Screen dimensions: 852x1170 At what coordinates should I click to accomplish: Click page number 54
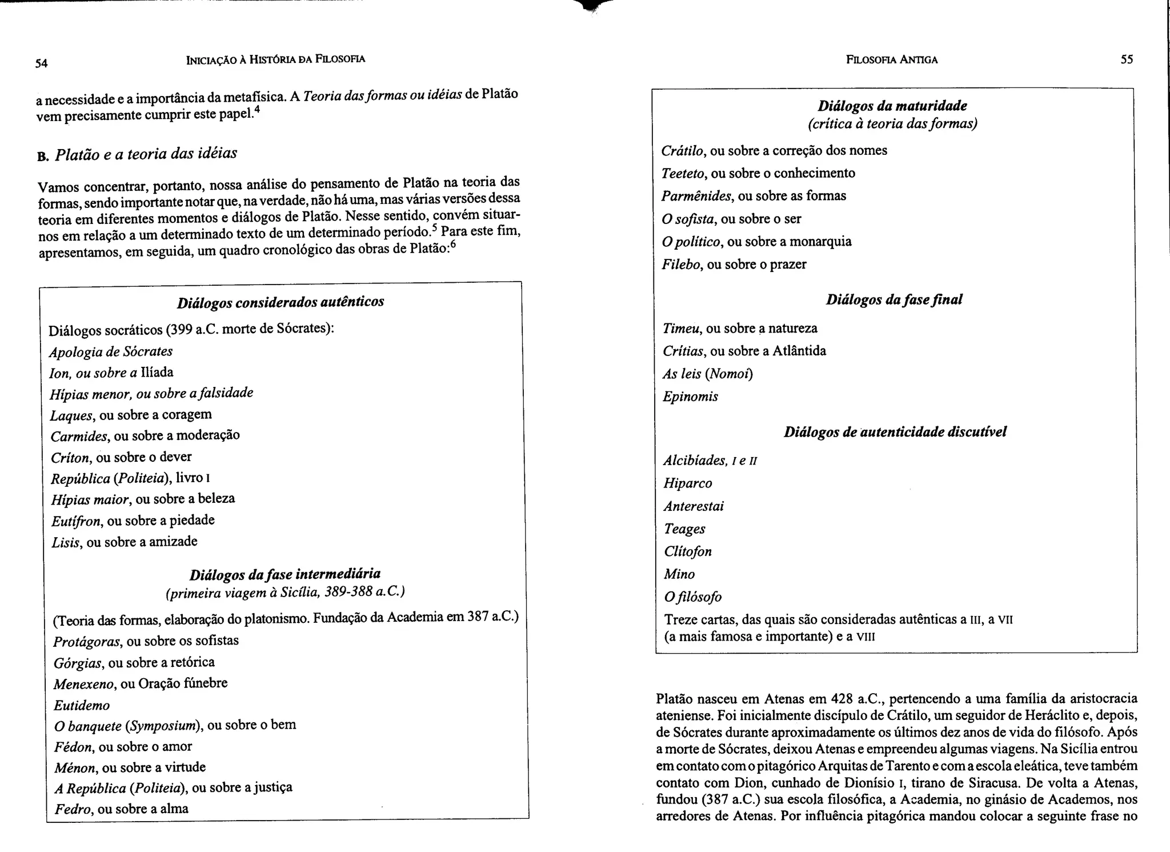(41, 63)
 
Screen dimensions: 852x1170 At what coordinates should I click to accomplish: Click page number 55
(1127, 59)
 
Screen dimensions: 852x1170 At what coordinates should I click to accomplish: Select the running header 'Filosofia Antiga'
(891, 59)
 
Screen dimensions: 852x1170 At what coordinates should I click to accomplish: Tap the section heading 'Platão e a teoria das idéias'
(146, 154)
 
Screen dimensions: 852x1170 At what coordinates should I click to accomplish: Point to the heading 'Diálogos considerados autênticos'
(280, 302)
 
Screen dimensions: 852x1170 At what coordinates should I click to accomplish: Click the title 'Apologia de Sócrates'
(111, 351)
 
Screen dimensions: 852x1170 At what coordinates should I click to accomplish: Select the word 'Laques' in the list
(71, 415)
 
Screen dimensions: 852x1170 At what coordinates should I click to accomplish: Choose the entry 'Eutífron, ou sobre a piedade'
(133, 521)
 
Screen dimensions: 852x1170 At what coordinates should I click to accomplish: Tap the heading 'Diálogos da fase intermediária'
(285, 574)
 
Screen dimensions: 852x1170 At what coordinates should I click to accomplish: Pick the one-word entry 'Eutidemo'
(82, 706)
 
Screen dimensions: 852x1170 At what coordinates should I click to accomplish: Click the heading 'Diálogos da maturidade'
(892, 106)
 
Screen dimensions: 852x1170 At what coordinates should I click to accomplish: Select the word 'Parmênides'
(696, 196)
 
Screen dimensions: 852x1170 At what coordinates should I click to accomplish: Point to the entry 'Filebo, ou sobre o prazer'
(734, 265)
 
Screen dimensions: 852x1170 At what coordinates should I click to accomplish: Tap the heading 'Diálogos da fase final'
(893, 299)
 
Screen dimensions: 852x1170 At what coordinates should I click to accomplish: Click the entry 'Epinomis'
(690, 397)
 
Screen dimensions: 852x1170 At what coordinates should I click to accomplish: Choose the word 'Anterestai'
(694, 506)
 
